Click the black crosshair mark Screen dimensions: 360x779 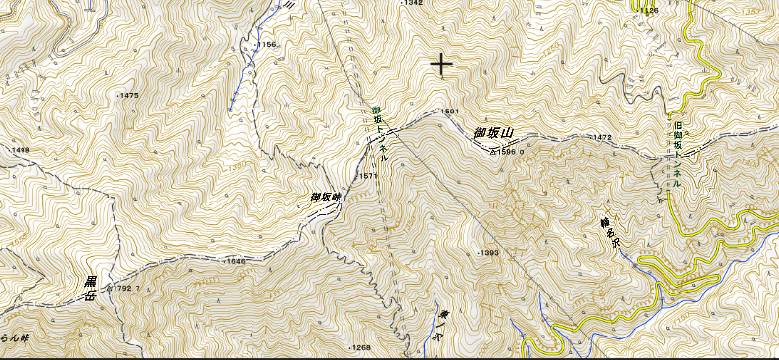[x=442, y=65]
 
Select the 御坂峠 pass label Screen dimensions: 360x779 [x=325, y=197]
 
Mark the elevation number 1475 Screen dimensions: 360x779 [x=128, y=96]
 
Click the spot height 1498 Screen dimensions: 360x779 [x=21, y=150]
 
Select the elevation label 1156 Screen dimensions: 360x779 [x=267, y=45]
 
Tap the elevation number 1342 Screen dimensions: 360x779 [x=413, y=4]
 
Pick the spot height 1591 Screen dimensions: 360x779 [x=450, y=112]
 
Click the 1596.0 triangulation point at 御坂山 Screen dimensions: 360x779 [x=503, y=152]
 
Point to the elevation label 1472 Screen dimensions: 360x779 [x=601, y=138]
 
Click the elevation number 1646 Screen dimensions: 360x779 [x=235, y=262]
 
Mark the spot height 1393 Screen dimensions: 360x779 [x=490, y=253]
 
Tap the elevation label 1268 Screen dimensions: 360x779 [x=361, y=347]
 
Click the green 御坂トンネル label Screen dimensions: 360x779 [x=381, y=133]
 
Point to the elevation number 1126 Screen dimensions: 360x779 [x=649, y=11]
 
